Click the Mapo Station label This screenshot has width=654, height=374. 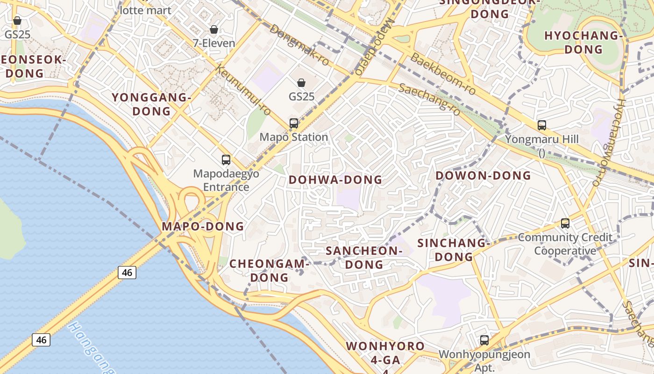294,137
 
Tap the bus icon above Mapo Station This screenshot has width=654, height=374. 294,123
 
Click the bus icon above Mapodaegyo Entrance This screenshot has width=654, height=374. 226,160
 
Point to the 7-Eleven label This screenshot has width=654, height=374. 214,43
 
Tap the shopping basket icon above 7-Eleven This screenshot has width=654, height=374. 214,29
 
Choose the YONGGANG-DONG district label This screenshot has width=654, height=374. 152,104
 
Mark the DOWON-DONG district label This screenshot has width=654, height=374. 483,176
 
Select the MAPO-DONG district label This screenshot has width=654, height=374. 203,227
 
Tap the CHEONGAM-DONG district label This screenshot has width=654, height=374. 270,271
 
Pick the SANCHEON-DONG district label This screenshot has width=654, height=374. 364,258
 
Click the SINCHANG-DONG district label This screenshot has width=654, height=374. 452,250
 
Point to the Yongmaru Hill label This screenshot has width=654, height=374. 542,139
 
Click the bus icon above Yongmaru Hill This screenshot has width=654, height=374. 542,125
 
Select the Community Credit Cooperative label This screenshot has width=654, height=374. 565,244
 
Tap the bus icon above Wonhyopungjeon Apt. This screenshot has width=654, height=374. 484,340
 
